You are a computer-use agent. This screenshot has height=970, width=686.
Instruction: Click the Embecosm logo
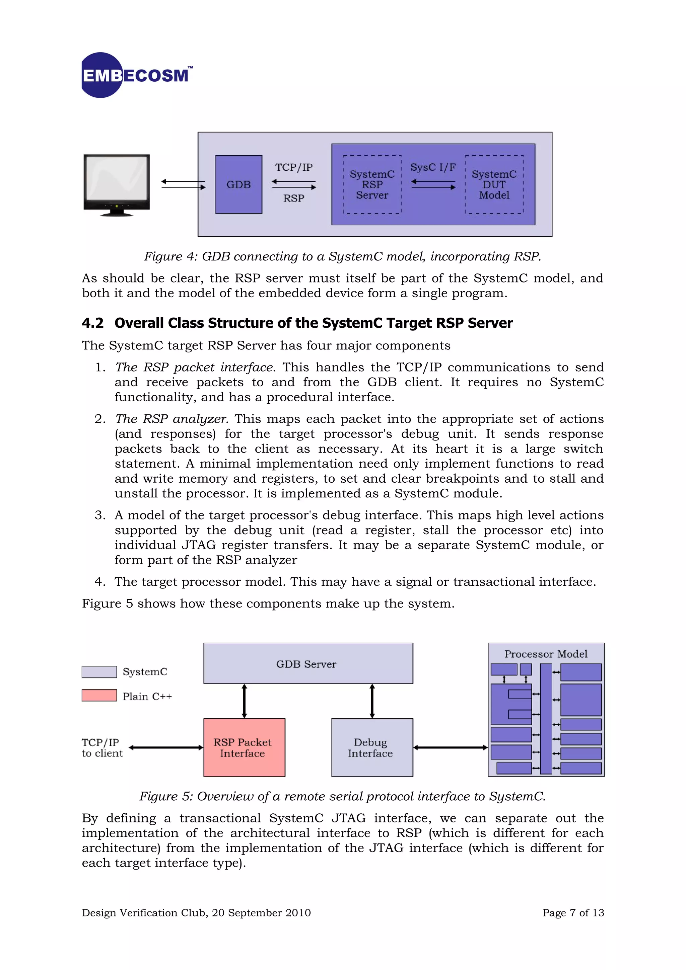(136, 75)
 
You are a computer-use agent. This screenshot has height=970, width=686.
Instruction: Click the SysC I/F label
(433, 167)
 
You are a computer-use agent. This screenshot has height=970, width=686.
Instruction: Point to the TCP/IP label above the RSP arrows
(294, 167)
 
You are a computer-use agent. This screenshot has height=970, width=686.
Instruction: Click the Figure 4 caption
(342, 256)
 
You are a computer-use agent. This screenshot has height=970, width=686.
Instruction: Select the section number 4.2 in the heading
(92, 323)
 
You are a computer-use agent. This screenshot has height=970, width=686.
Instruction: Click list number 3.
(100, 515)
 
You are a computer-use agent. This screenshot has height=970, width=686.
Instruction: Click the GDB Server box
(308, 663)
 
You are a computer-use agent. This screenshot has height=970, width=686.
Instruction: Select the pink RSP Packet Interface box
(244, 747)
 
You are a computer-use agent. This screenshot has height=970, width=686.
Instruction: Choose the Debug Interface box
(371, 747)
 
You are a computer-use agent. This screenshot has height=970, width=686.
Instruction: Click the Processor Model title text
(546, 654)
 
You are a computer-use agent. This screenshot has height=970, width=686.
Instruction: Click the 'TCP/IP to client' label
(102, 748)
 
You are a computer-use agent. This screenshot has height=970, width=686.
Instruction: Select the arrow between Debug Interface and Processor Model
(450, 747)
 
